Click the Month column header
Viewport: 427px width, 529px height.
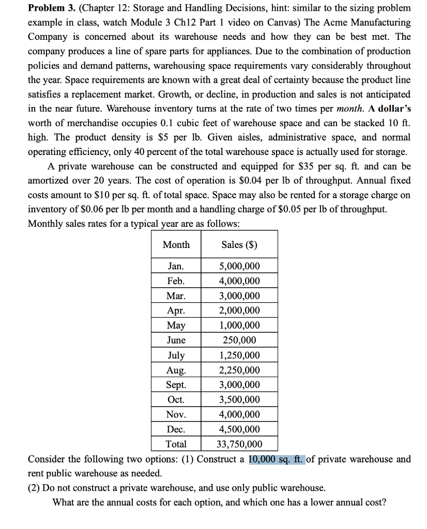pos(176,244)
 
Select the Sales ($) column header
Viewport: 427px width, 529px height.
pos(240,244)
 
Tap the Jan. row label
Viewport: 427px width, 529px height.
pos(176,267)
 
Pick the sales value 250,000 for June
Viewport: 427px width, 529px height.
pos(240,340)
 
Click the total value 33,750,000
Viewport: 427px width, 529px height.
pos(240,444)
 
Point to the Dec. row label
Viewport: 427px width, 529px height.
pos(176,429)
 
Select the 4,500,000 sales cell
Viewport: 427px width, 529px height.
pos(240,429)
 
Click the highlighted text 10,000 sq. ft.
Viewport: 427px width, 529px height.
pos(277,459)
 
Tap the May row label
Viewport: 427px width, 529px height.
pos(176,325)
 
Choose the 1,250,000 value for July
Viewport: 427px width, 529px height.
pos(240,355)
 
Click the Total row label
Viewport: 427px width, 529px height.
pos(176,444)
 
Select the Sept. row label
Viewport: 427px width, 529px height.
pos(176,385)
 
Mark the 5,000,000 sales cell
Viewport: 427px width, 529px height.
pos(240,267)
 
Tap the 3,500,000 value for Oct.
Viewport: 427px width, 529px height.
pos(240,400)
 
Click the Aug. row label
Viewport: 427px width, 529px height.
pos(176,370)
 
